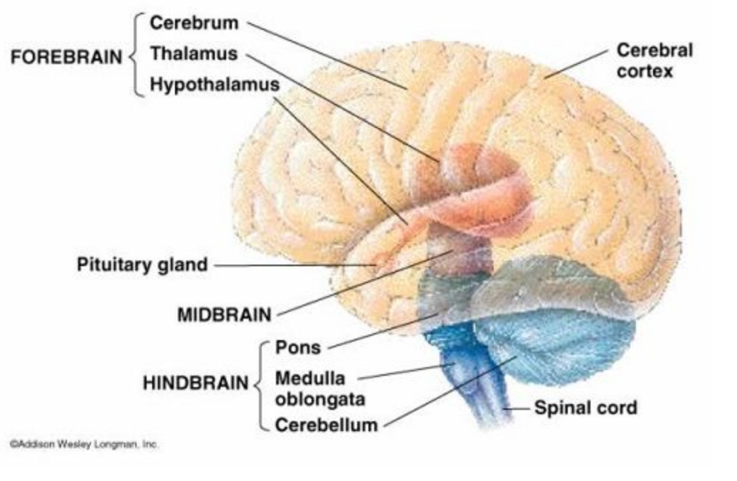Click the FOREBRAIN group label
click(65, 58)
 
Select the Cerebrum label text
click(193, 23)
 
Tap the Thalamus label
click(193, 54)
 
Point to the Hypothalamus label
click(214, 85)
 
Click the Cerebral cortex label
click(654, 60)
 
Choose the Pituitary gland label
click(142, 265)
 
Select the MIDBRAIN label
click(224, 314)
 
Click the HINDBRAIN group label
click(196, 383)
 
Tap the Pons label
click(298, 348)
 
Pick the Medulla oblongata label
click(319, 388)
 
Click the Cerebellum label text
click(326, 425)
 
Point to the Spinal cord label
click(585, 408)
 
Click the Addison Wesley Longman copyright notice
click(84, 444)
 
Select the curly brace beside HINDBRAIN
click(260, 385)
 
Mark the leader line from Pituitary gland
click(292, 265)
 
